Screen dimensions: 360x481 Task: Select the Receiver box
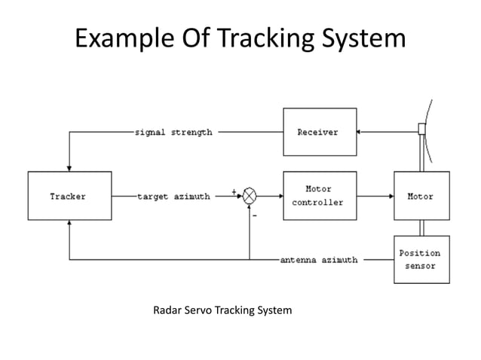318,132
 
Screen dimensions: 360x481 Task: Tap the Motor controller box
318,196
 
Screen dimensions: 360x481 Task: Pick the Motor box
421,196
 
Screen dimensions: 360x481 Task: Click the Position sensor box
421,259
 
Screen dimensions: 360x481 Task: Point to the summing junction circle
249,196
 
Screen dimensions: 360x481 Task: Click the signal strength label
173,132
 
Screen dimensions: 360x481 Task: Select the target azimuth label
173,196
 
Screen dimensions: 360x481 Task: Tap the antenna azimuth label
319,260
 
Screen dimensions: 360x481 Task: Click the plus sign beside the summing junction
235,191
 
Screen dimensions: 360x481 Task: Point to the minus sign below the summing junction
254,214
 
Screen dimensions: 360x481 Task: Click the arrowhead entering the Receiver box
359,132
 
